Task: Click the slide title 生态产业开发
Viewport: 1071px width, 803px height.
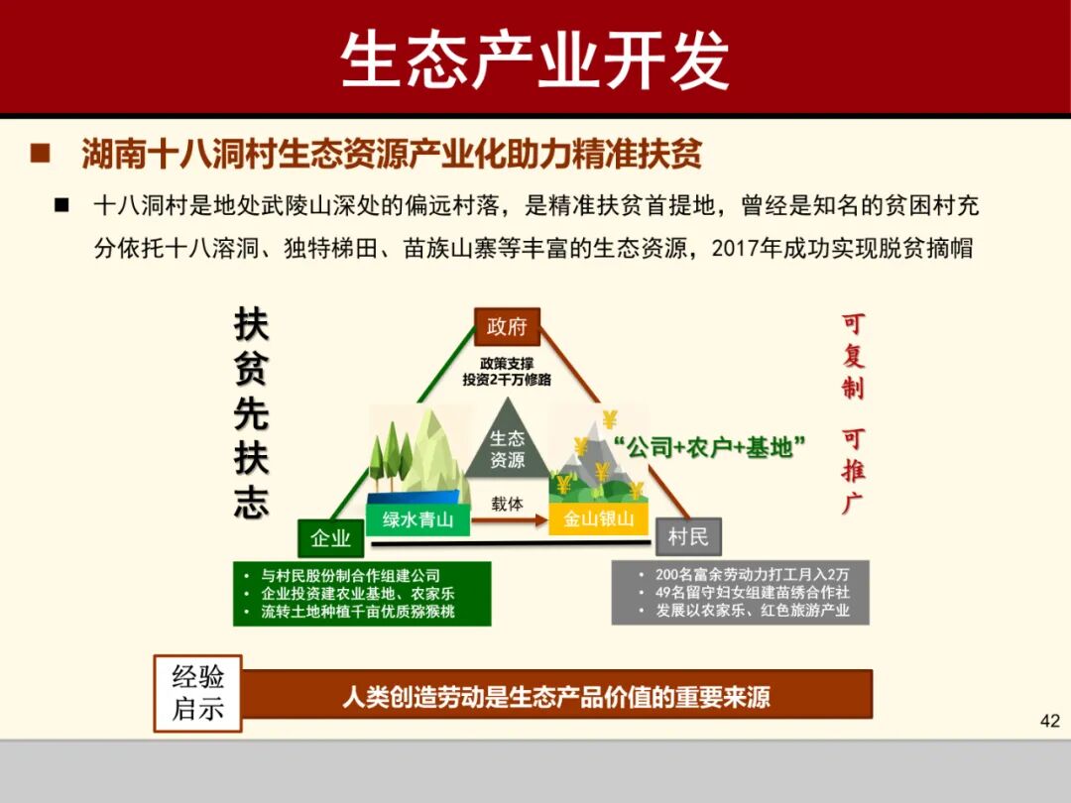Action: (x=535, y=58)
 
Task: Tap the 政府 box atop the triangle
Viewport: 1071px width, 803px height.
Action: (x=507, y=326)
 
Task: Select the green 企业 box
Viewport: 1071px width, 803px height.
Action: (x=330, y=538)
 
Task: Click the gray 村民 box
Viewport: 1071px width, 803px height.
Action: (x=688, y=536)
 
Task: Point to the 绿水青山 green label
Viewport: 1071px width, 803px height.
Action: (x=417, y=518)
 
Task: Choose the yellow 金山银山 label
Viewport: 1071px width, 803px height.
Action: (x=599, y=518)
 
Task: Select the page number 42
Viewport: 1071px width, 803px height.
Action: (x=1049, y=721)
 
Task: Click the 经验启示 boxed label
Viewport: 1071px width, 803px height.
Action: (x=197, y=693)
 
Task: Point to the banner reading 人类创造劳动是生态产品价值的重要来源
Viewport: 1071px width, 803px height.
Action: (x=556, y=697)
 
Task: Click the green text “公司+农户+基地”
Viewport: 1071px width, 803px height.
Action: (x=709, y=447)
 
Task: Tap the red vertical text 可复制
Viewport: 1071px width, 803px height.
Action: (x=853, y=356)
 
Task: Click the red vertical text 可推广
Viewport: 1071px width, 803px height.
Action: (x=853, y=470)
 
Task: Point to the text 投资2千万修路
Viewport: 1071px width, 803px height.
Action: (x=507, y=380)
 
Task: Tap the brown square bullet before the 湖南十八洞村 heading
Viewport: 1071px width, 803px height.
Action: (x=41, y=154)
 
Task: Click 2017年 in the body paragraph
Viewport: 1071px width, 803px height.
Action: (x=742, y=248)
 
